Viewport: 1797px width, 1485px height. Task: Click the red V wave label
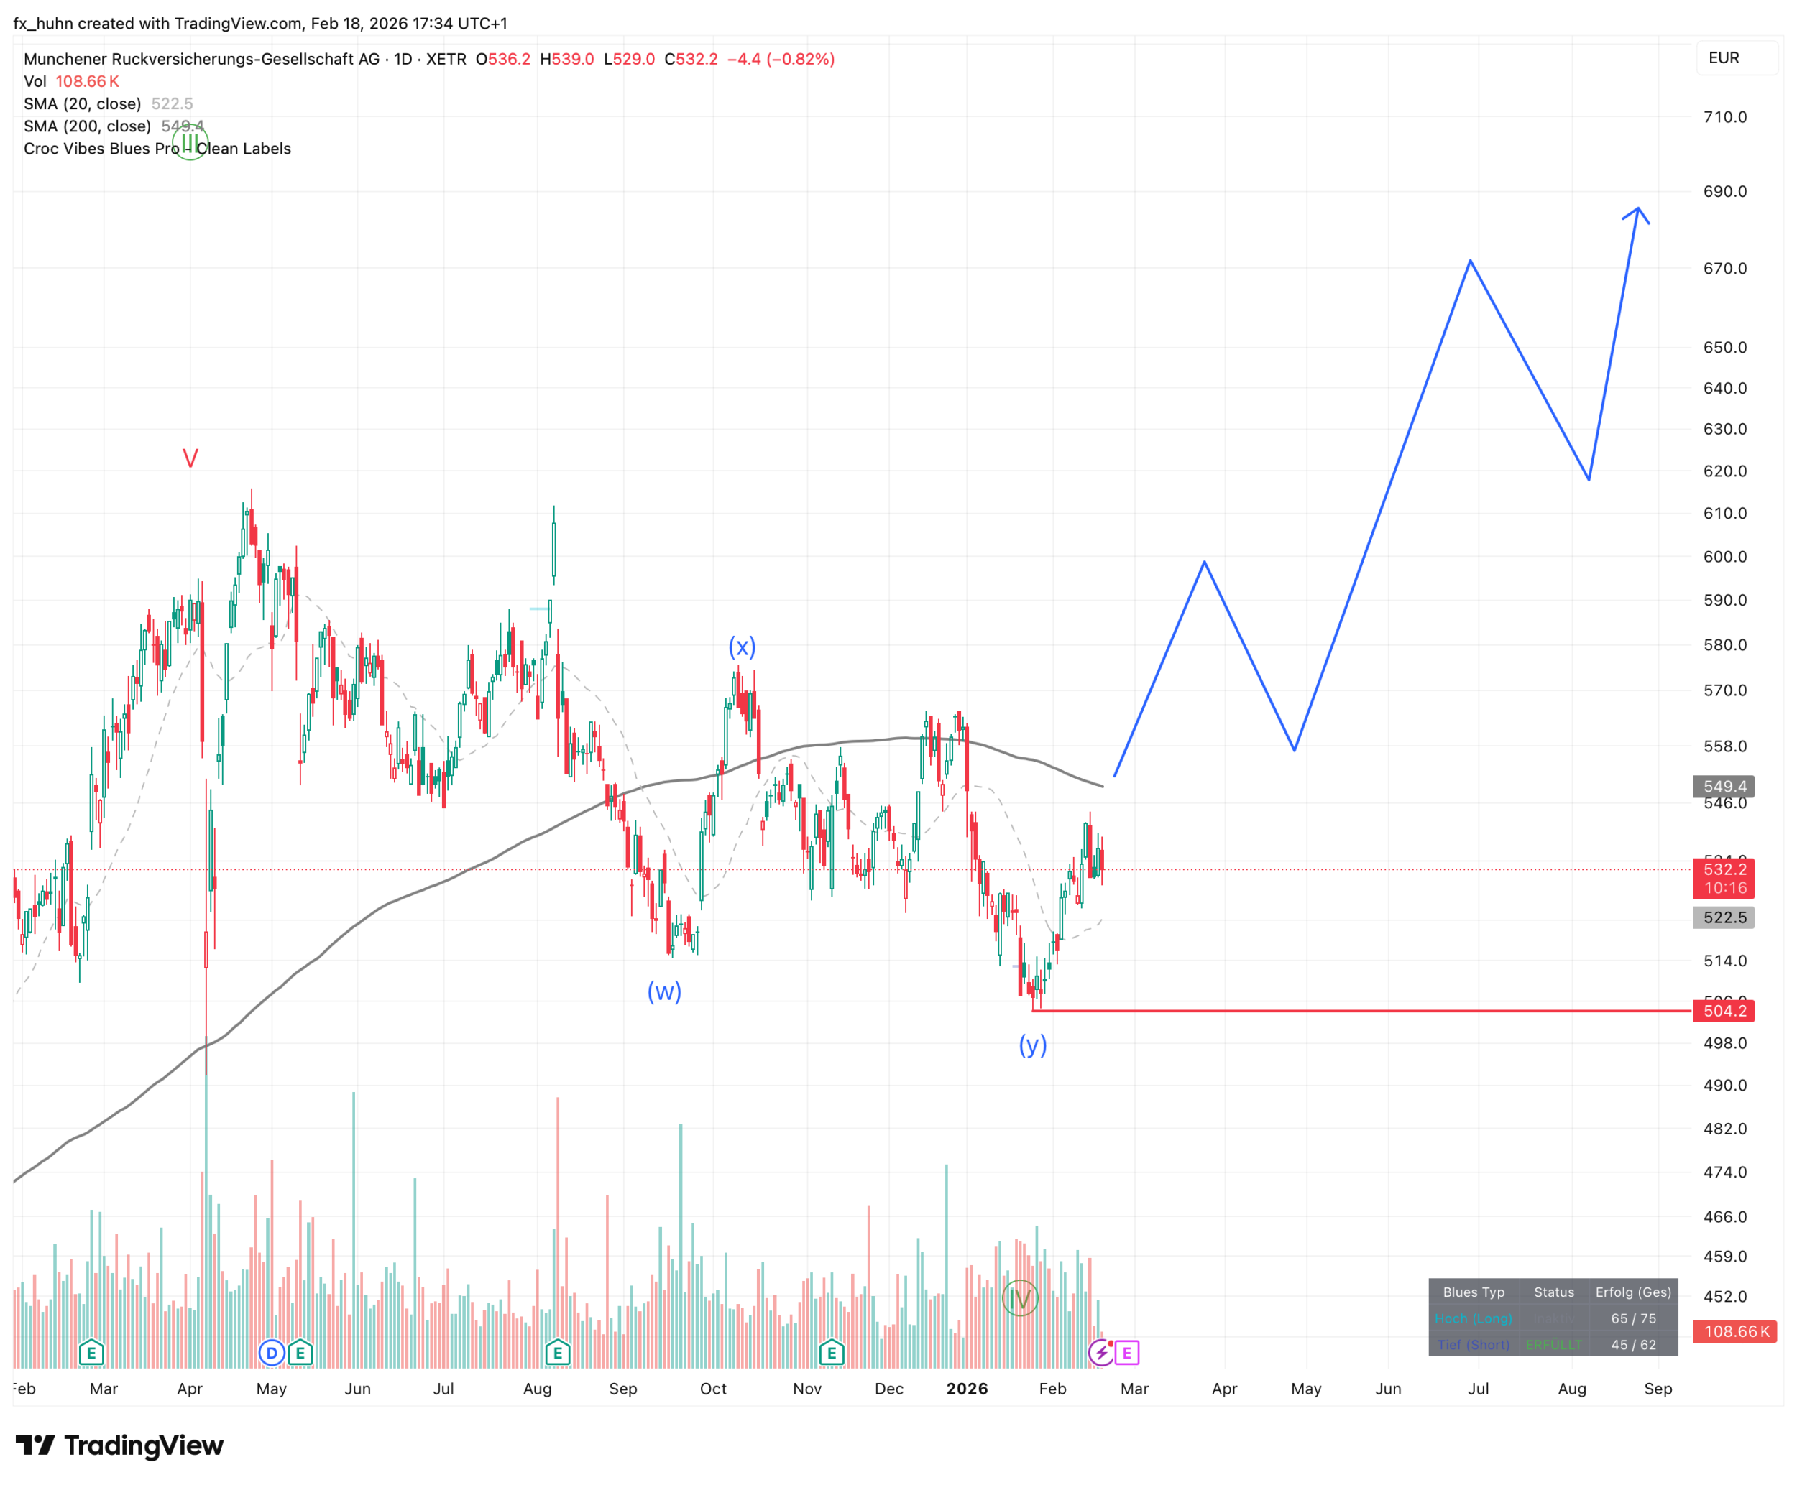[190, 458]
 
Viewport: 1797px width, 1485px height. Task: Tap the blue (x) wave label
[742, 647]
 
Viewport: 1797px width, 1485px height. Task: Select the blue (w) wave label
[664, 991]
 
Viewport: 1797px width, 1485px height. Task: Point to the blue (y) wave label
[1033, 1045]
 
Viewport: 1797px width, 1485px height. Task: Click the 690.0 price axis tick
[1724, 192]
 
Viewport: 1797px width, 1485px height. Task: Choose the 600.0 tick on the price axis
[1724, 557]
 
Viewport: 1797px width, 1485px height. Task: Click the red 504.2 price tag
[1724, 1011]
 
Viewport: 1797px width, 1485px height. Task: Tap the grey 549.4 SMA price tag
[1724, 786]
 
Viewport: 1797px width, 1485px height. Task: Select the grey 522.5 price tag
[1724, 918]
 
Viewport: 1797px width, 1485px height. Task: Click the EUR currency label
[1724, 58]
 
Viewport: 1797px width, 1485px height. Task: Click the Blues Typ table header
[1474, 1292]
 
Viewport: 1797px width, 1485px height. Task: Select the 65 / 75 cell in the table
[1632, 1319]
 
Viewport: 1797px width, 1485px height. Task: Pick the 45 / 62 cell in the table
[1632, 1345]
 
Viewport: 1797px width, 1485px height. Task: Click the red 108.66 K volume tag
[1735, 1331]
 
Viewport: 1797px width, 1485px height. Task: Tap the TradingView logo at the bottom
[120, 1445]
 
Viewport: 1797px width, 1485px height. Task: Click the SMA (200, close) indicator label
[87, 126]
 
